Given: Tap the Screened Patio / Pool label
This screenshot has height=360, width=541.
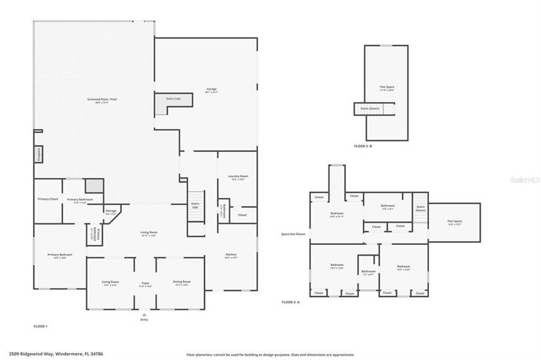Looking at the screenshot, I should click(x=102, y=101).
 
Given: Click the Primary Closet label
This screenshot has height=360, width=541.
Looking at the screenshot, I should click(x=48, y=200).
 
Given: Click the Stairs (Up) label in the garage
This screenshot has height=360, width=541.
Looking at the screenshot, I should click(x=173, y=99).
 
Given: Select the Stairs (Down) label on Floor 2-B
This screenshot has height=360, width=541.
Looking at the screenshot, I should click(x=370, y=109).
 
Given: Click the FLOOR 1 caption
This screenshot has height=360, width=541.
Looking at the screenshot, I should click(x=41, y=326).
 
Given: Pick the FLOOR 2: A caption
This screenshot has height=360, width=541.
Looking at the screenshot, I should click(x=290, y=302).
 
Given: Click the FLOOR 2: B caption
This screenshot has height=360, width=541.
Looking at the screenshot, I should click(x=363, y=146).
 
